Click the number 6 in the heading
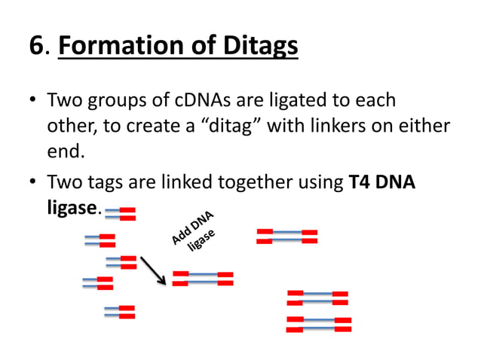[36, 46]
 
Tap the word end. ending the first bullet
[66, 151]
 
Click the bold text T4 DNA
[383, 182]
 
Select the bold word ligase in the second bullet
[71, 208]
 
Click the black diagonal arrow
[152, 270]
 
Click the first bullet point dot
[33, 101]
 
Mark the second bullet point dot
[33, 183]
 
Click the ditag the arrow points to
[202, 279]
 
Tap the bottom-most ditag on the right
[319, 325]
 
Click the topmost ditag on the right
[286, 236]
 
